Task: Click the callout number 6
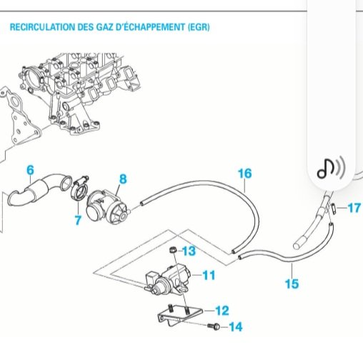tap(30, 170)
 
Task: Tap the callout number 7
tap(78, 220)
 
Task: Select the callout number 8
tap(123, 179)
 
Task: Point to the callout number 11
tap(209, 275)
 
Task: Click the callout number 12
tap(222, 311)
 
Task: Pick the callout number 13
tap(189, 251)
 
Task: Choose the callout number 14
tap(236, 327)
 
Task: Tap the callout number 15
tap(292, 284)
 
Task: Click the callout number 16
tap(245, 174)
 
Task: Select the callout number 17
tap(354, 208)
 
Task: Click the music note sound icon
tap(331, 168)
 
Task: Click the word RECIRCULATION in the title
tap(42, 27)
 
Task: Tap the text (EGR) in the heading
tap(199, 27)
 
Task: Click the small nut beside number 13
tap(173, 250)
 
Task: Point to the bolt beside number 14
tap(213, 326)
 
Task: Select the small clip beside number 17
tap(334, 208)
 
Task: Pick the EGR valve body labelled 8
tap(108, 207)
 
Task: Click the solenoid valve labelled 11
tap(168, 280)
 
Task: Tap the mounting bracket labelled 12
tap(180, 315)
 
